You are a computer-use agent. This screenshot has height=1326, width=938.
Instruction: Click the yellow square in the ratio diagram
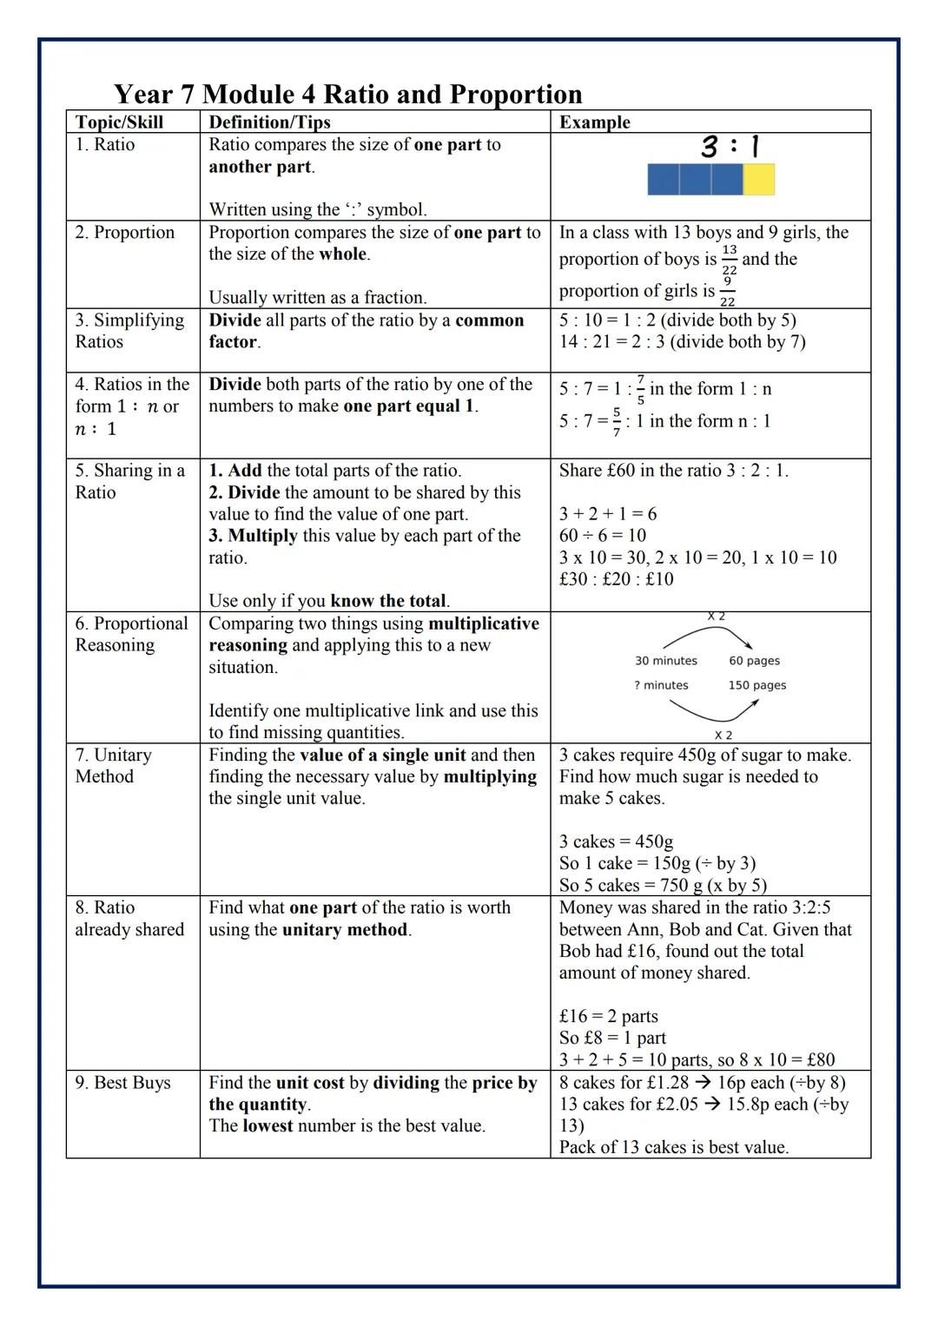click(x=758, y=179)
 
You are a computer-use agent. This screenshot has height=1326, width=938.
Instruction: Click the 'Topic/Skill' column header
click(x=119, y=122)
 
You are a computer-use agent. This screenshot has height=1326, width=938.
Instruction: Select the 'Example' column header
click(x=595, y=122)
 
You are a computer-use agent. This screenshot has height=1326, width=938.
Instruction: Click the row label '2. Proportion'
click(x=124, y=233)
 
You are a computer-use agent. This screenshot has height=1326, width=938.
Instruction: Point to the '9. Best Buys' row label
click(x=122, y=1083)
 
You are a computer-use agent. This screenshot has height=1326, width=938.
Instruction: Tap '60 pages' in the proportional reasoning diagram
click(x=754, y=661)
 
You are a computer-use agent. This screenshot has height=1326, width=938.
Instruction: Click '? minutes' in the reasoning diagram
click(x=661, y=685)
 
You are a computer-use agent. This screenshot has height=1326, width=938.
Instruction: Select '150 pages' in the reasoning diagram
click(x=756, y=685)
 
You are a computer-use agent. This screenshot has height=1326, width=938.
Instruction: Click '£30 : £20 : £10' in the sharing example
click(x=616, y=579)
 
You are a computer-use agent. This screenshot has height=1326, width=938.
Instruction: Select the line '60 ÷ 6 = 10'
click(x=603, y=536)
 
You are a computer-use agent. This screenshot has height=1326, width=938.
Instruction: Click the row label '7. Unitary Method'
click(x=113, y=766)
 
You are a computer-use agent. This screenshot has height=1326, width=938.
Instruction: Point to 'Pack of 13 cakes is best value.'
click(x=673, y=1147)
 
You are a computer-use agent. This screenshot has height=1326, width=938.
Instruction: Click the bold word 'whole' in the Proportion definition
click(x=342, y=254)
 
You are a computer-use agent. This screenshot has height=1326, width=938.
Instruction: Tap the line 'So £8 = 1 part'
click(x=612, y=1038)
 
